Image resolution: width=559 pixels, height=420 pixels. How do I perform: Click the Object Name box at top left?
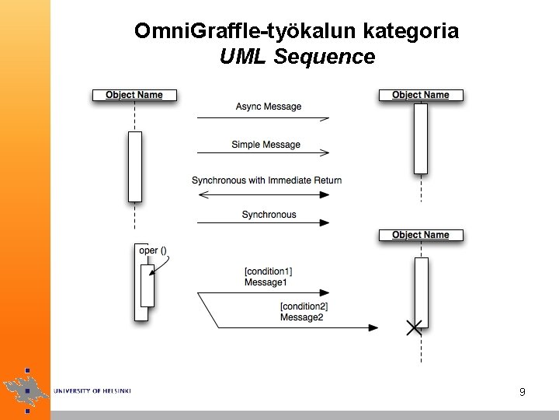[x=134, y=95]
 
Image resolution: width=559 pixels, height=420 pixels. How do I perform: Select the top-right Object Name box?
[x=420, y=95]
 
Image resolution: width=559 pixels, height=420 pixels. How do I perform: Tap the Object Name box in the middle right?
[x=420, y=235]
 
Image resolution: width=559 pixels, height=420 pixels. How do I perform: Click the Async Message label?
[x=269, y=107]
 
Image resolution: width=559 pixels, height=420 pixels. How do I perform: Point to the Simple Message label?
[x=266, y=145]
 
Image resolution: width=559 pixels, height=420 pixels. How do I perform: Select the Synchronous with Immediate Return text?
[x=266, y=180]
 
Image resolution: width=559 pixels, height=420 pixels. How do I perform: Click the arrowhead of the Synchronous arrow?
[x=324, y=223]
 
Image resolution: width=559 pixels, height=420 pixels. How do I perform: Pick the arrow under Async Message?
[x=263, y=118]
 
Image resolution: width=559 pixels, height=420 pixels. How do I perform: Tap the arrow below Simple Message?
[x=263, y=153]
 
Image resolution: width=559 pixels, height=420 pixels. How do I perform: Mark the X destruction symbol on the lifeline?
[x=415, y=327]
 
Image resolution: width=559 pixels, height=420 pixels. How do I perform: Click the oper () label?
[x=152, y=250]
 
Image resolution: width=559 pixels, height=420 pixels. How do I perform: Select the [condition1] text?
[x=269, y=271]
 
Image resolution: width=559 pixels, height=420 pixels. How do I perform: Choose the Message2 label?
[x=301, y=317]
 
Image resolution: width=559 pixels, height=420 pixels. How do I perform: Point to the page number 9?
[x=523, y=392]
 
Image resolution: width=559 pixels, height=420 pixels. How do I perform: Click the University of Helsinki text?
[x=92, y=390]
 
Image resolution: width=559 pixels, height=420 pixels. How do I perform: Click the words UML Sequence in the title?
[x=297, y=56]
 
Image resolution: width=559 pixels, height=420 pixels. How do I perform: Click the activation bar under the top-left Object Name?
[x=135, y=166]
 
